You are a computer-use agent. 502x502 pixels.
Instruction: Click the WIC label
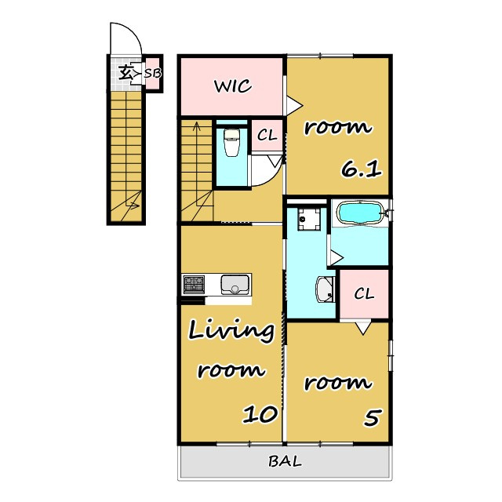pyautogui.click(x=233, y=86)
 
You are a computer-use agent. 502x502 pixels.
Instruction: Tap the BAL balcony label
pyautogui.click(x=285, y=461)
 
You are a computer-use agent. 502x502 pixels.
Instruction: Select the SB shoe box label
pyautogui.click(x=153, y=73)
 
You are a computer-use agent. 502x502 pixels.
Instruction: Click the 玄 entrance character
pyautogui.click(x=125, y=73)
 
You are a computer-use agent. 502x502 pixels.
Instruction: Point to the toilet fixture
pyautogui.click(x=231, y=143)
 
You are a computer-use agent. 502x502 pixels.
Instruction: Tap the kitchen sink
pyautogui.click(x=235, y=284)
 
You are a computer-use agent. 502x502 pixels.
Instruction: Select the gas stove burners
pyautogui.click(x=194, y=284)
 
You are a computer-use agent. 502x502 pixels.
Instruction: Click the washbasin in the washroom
pyautogui.click(x=325, y=289)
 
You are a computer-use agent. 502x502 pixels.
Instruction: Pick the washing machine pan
pyautogui.click(x=309, y=219)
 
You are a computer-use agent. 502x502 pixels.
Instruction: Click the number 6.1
pyautogui.click(x=361, y=169)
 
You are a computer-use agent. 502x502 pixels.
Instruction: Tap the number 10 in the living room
pyautogui.click(x=260, y=415)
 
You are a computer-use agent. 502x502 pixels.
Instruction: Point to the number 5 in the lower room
pyautogui.click(x=373, y=418)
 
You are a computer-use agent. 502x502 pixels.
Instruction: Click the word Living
pyautogui.click(x=231, y=330)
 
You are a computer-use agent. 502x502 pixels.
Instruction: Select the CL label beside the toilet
pyautogui.click(x=267, y=136)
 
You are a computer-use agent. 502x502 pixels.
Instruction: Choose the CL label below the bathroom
pyautogui.click(x=364, y=293)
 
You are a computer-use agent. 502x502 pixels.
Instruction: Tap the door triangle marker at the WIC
pyautogui.click(x=293, y=105)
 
